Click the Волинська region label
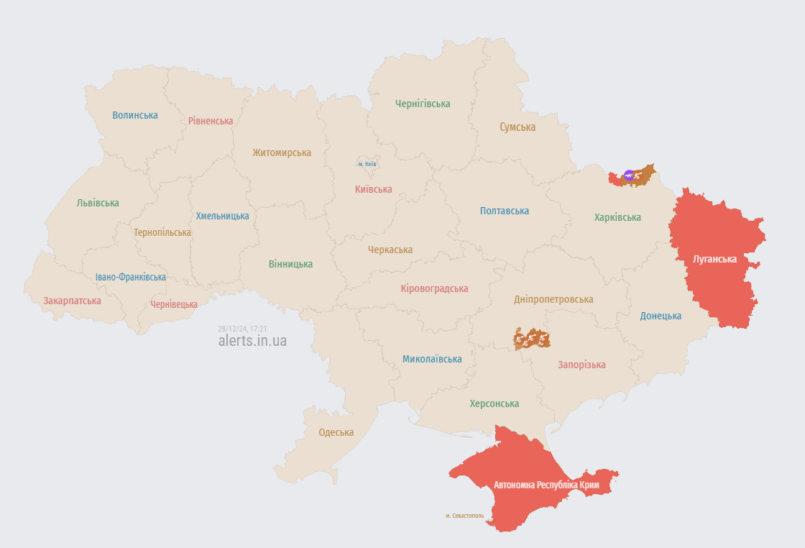(135, 115)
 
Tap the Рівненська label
(211, 121)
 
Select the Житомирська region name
(282, 152)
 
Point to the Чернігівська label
(423, 104)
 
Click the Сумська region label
(517, 127)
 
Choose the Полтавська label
(505, 211)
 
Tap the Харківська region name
(617, 217)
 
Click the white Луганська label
(714, 259)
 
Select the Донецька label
(661, 316)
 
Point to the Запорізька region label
(581, 365)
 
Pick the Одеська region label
(336, 432)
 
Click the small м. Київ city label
(367, 164)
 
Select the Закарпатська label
(72, 301)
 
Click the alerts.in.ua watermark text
(252, 341)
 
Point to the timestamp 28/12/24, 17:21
(242, 328)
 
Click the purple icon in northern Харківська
(629, 175)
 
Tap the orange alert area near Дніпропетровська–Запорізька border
(532, 338)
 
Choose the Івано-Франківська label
(130, 277)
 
